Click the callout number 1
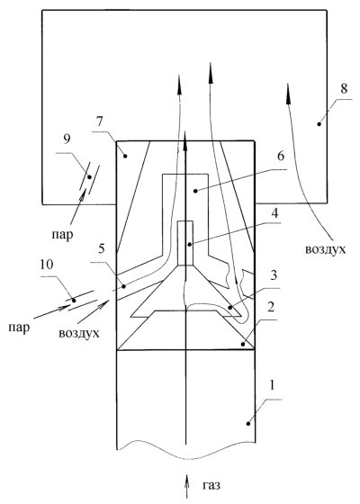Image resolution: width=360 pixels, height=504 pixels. pyautogui.click(x=272, y=385)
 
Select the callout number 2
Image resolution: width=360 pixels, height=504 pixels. pyautogui.click(x=271, y=307)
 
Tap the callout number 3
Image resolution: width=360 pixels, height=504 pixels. pyautogui.click(x=274, y=275)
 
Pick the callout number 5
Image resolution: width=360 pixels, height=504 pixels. pyautogui.click(x=101, y=248)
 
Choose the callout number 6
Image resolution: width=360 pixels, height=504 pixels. pyautogui.click(x=281, y=157)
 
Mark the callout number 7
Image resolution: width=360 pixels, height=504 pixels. pyautogui.click(x=99, y=122)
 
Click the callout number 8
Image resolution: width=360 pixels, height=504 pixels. pyautogui.click(x=344, y=88)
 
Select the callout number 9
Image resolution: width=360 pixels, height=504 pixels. pyautogui.click(x=67, y=139)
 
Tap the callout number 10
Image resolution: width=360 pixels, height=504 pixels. pyautogui.click(x=47, y=265)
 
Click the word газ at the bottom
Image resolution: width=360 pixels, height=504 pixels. pyautogui.click(x=211, y=485)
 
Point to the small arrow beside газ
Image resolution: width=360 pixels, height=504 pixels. pyautogui.click(x=185, y=485)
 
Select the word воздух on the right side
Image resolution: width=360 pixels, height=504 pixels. pyautogui.click(x=325, y=249)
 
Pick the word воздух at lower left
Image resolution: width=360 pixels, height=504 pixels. pyautogui.click(x=79, y=333)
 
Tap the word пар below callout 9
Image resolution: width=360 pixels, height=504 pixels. pyautogui.click(x=62, y=235)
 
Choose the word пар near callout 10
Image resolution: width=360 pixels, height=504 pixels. pyautogui.click(x=19, y=328)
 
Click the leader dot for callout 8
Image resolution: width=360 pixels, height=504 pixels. pyautogui.click(x=319, y=124)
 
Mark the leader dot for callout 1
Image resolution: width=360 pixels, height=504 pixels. pyautogui.click(x=248, y=424)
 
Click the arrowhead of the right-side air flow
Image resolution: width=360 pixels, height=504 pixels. pyautogui.click(x=288, y=94)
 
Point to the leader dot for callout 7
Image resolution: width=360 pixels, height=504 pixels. pyautogui.click(x=125, y=157)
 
